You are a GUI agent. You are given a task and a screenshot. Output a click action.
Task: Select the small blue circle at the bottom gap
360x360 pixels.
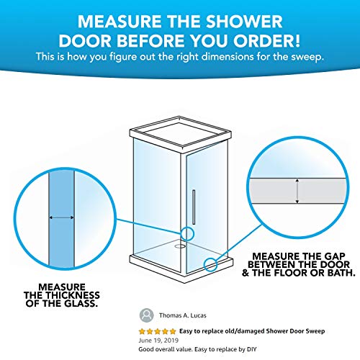211,264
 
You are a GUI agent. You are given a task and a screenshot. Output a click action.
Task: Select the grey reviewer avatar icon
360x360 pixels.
147,314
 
